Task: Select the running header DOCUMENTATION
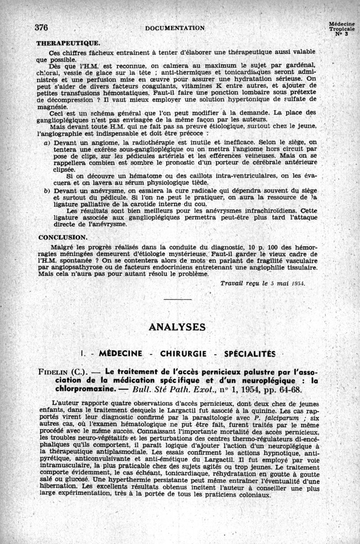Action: pyautogui.click(x=175, y=28)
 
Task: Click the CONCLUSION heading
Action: pyautogui.click(x=63, y=237)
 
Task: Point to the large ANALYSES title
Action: pyautogui.click(x=177, y=327)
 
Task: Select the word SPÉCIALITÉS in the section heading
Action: pyautogui.click(x=248, y=353)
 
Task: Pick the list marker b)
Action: pyautogui.click(x=46, y=191)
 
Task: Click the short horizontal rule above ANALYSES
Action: pyautogui.click(x=178, y=299)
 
